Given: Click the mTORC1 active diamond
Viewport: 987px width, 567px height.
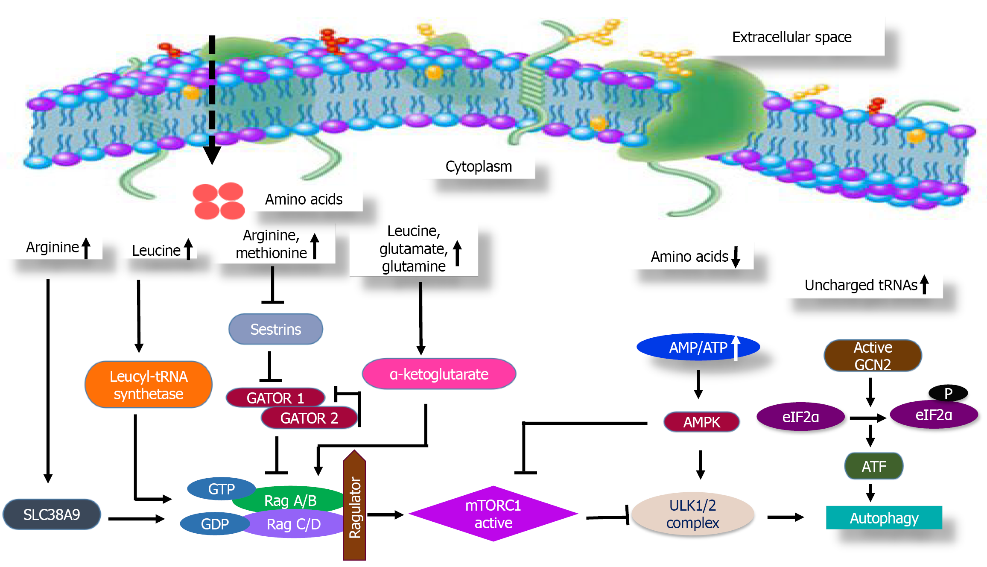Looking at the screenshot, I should (x=493, y=514).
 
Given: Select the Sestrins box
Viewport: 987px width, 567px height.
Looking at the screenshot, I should (x=276, y=329).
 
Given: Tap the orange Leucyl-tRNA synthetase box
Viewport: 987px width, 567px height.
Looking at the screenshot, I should (x=148, y=385).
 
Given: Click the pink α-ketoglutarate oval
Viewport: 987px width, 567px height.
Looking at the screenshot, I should (x=438, y=374).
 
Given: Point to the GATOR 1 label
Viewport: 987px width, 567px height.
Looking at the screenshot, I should (x=275, y=397).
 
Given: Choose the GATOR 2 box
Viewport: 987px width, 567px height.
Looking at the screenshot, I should (x=309, y=418).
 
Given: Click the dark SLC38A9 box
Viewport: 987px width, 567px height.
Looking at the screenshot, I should (x=52, y=514).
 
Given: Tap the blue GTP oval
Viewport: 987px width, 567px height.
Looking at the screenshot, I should (x=221, y=488).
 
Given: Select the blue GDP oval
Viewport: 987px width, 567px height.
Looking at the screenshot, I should (x=215, y=523).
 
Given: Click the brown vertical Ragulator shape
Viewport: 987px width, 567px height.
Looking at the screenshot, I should (x=354, y=506).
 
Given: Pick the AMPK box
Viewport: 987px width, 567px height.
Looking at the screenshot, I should (x=701, y=422).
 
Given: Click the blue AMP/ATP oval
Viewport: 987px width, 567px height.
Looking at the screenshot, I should (x=698, y=347).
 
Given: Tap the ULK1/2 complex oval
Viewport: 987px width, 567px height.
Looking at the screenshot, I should (x=692, y=514).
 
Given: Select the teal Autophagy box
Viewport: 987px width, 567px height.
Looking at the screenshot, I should (x=884, y=518).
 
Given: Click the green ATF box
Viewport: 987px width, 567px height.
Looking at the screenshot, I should (x=873, y=466).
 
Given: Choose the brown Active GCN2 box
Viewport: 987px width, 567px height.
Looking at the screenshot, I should (x=873, y=356).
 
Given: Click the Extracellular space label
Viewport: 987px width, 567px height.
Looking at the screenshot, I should (x=791, y=37).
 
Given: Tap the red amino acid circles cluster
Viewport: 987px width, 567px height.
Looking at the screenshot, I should (x=219, y=201).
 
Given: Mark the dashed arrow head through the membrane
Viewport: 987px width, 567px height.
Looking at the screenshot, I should (x=212, y=155).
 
